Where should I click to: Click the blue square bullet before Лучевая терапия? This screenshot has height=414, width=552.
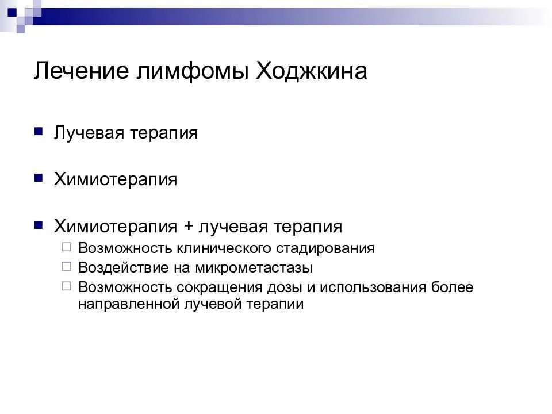coord(39,132)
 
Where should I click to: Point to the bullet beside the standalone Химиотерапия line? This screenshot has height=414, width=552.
coord(39,178)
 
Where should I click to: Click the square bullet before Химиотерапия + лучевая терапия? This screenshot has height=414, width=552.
coord(39,225)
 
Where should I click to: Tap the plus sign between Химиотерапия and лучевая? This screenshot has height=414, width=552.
coord(189,227)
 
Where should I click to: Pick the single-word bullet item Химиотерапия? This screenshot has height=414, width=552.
coord(116,179)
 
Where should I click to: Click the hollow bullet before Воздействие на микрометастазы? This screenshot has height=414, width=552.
coord(67,267)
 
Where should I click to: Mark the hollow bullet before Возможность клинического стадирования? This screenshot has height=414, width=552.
coord(67,247)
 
